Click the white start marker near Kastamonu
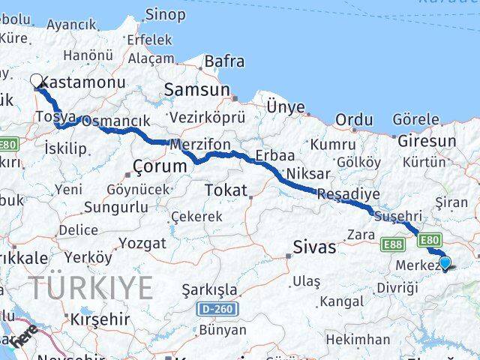click(x=36, y=81)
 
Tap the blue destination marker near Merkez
click(x=445, y=262)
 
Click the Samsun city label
click(x=198, y=89)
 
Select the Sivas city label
click(x=314, y=247)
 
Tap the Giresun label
click(x=427, y=140)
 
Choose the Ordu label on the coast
click(x=354, y=119)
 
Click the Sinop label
click(x=165, y=13)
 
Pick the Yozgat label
click(x=142, y=243)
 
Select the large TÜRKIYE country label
click(x=91, y=287)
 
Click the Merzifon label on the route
click(x=200, y=143)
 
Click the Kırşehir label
click(x=100, y=319)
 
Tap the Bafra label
click(x=224, y=61)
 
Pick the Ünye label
click(x=286, y=107)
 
